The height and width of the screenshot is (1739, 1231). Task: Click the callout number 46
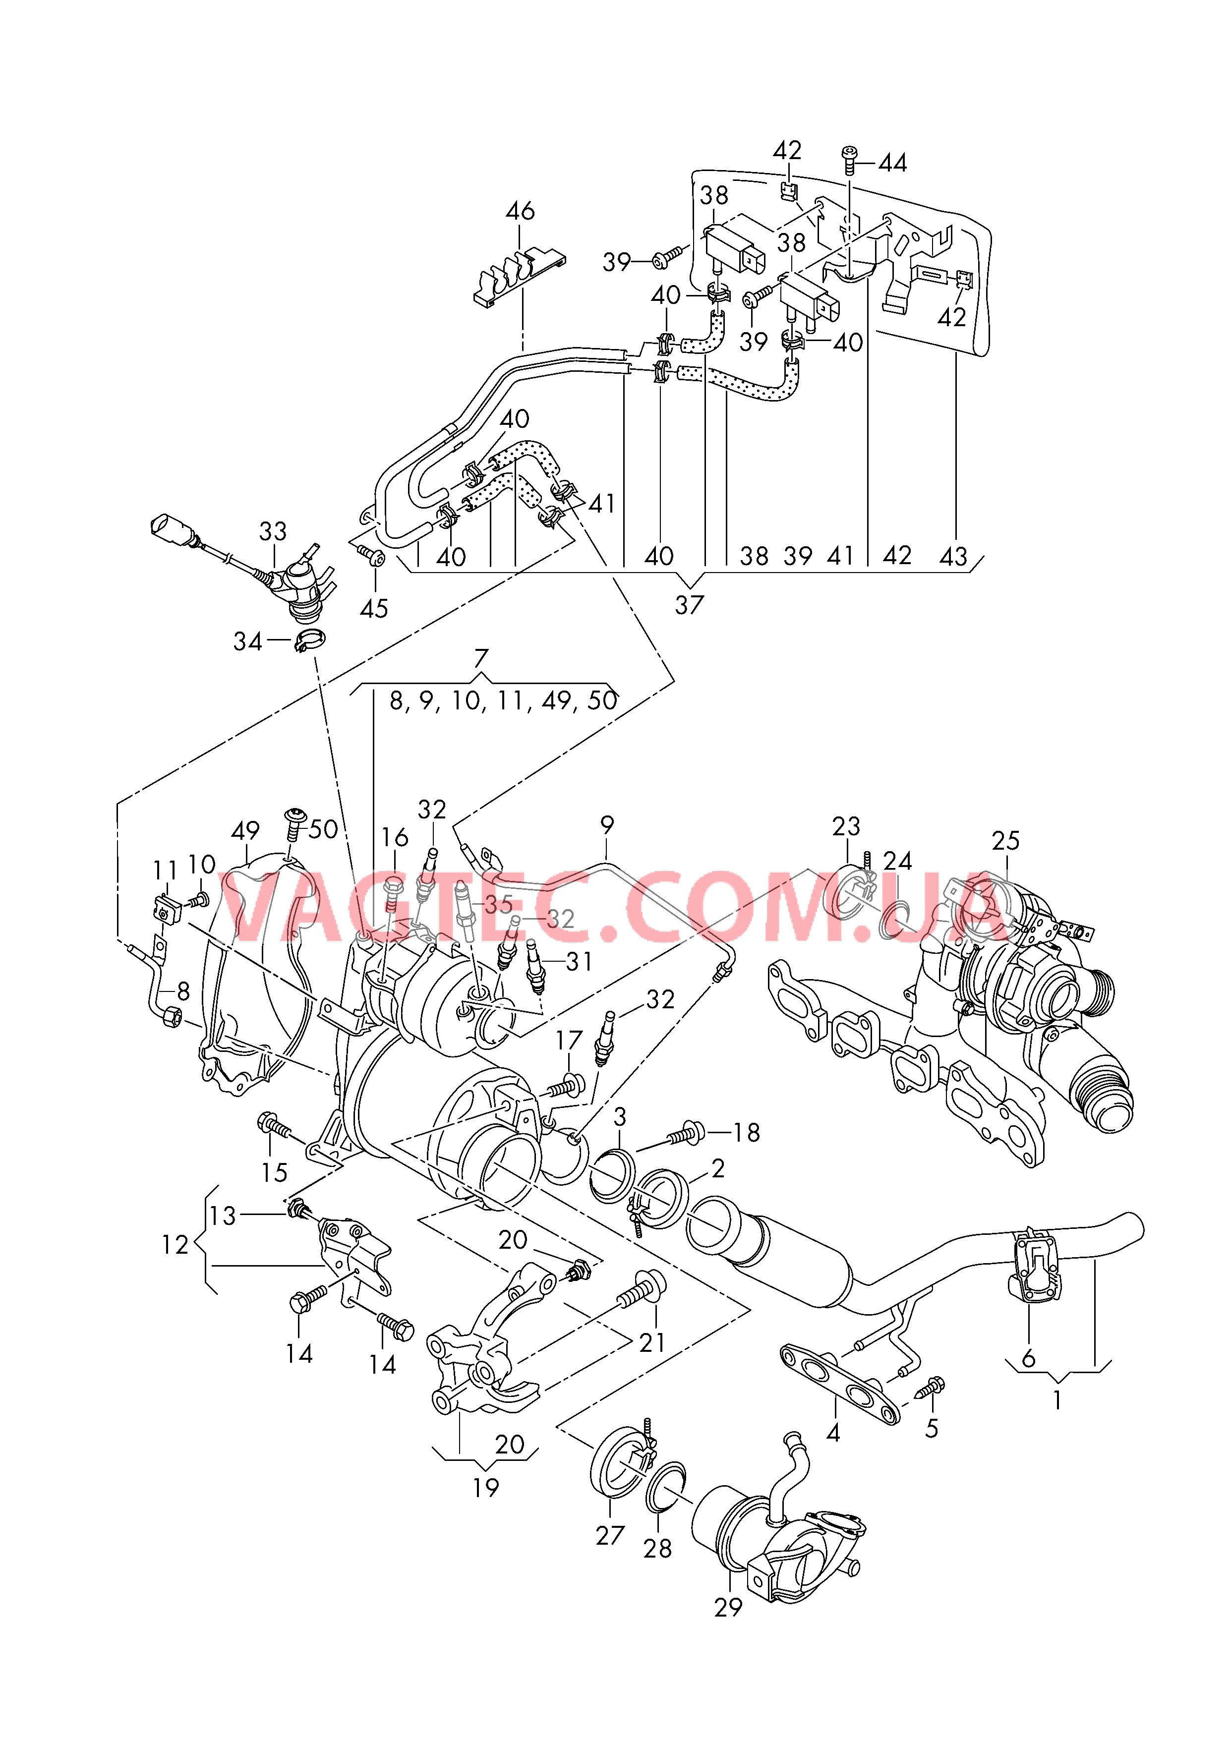520,211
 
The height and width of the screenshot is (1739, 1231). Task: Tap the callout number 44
892,163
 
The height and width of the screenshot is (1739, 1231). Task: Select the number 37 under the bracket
690,605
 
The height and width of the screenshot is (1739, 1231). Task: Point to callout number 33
273,531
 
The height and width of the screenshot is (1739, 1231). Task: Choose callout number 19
486,1488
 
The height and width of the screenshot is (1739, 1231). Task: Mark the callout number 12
175,1244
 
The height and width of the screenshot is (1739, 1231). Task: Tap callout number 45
374,608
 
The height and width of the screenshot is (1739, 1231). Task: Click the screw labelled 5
931,1385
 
